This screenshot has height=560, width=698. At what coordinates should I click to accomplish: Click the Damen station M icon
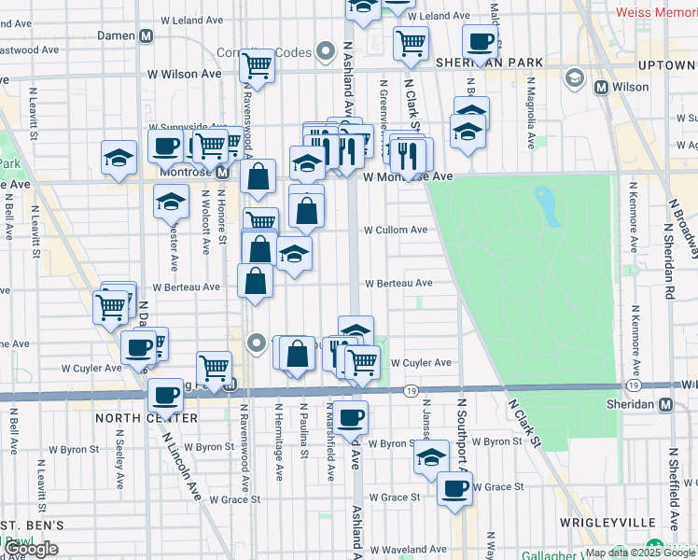point(146,35)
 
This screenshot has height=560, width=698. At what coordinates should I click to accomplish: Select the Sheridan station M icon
point(665,405)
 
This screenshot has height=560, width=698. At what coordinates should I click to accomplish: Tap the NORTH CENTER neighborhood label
point(146,418)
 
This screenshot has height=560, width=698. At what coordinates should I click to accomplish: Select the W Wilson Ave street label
point(184,74)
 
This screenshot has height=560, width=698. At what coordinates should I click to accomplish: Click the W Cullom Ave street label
point(395,230)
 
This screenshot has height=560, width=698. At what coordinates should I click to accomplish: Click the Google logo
point(30,549)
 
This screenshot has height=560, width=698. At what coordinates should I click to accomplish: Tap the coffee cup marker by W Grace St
point(454,488)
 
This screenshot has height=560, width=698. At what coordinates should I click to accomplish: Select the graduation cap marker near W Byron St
point(431,458)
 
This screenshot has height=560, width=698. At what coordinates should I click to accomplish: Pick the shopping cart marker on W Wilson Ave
point(257,66)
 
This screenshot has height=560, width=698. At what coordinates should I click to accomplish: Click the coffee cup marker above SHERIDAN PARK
point(480,41)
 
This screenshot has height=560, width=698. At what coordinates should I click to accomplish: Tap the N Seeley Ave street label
point(119,459)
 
